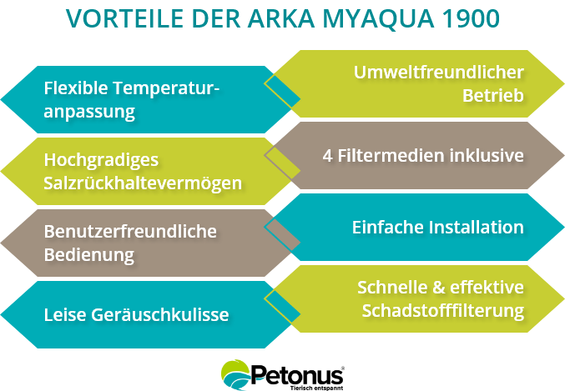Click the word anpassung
(x=89, y=110)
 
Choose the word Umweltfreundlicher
(x=439, y=72)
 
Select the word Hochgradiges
(x=89, y=159)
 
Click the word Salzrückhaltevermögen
(x=143, y=182)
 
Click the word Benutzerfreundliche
(x=130, y=230)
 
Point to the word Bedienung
(x=88, y=253)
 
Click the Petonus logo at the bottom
(x=284, y=375)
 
